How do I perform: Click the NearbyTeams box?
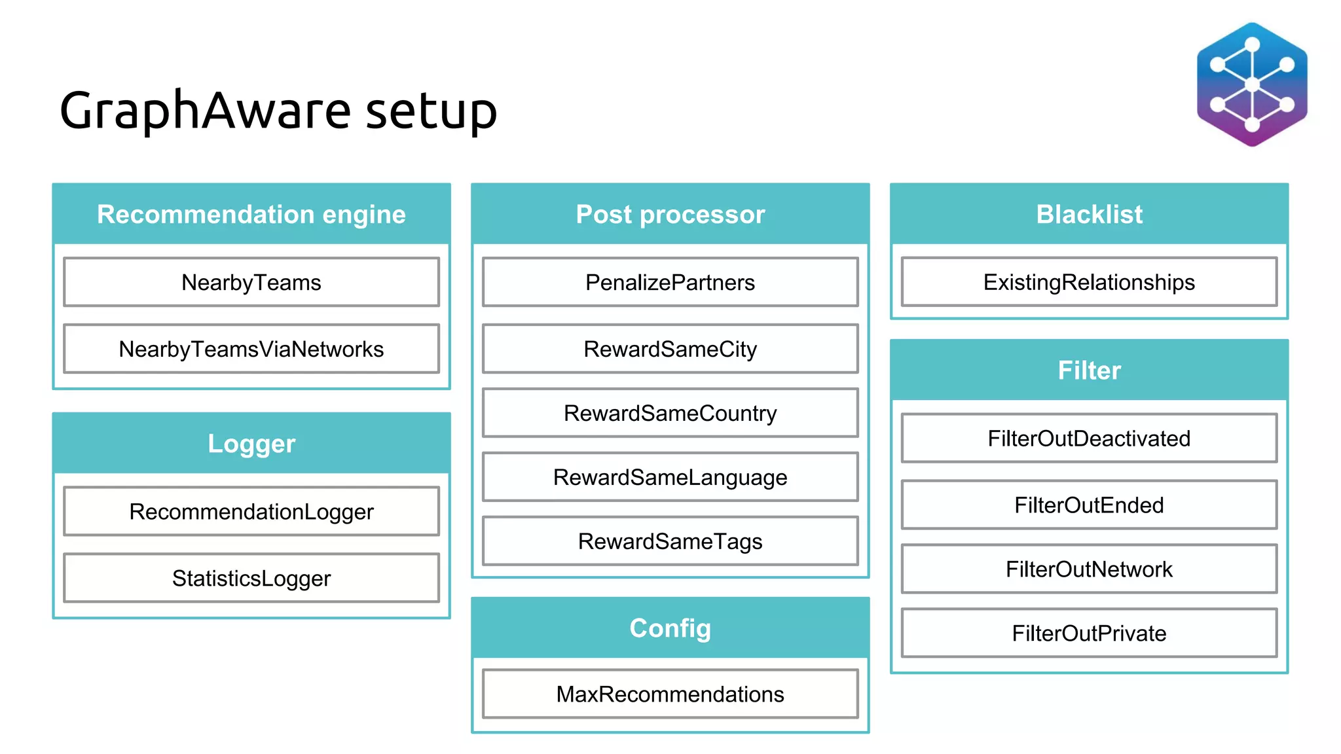pyautogui.click(x=251, y=282)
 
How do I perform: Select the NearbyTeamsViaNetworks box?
pyautogui.click(x=251, y=349)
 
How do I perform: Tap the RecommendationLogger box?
pyautogui.click(x=251, y=511)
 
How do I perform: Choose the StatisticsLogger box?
pyautogui.click(x=251, y=578)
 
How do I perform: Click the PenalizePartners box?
pyautogui.click(x=670, y=282)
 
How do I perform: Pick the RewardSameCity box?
pyautogui.click(x=670, y=349)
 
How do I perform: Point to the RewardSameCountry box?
pyautogui.click(x=670, y=413)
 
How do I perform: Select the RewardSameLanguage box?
pyautogui.click(x=670, y=477)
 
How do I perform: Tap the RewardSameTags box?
pyautogui.click(x=670, y=541)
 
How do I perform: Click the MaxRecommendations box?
pyautogui.click(x=670, y=694)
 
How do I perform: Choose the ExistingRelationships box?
pyautogui.click(x=1089, y=282)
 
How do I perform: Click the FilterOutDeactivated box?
pyautogui.click(x=1089, y=438)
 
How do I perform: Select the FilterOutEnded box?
pyautogui.click(x=1089, y=505)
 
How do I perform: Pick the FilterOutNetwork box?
pyautogui.click(x=1089, y=569)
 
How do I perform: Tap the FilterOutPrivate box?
pyautogui.click(x=1089, y=633)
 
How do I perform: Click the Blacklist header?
pyautogui.click(x=1089, y=214)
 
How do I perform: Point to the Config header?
pyautogui.click(x=670, y=628)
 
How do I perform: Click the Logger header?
pyautogui.click(x=251, y=443)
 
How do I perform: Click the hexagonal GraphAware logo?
pyautogui.click(x=1252, y=85)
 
